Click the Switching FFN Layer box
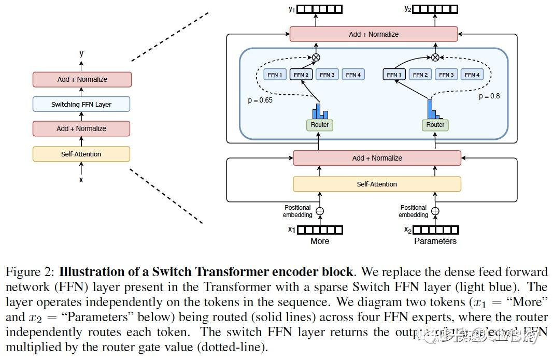tap(81, 104)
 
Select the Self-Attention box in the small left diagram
tap(81, 154)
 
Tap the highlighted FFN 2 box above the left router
tap(301, 75)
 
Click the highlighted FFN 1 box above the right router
tap(394, 75)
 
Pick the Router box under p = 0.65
tap(319, 125)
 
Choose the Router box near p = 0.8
tap(435, 125)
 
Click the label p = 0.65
tap(260, 100)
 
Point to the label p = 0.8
tap(489, 96)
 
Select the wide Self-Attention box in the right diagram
tap(377, 184)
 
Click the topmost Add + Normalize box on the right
tap(374, 34)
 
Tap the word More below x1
tap(320, 241)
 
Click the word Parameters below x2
tap(435, 241)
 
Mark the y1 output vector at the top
tap(319, 9)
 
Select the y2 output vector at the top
tap(435, 9)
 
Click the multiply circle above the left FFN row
tap(316, 57)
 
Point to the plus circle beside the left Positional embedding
tap(320, 211)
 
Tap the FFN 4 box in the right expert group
tap(472, 75)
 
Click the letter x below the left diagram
tap(81, 180)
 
